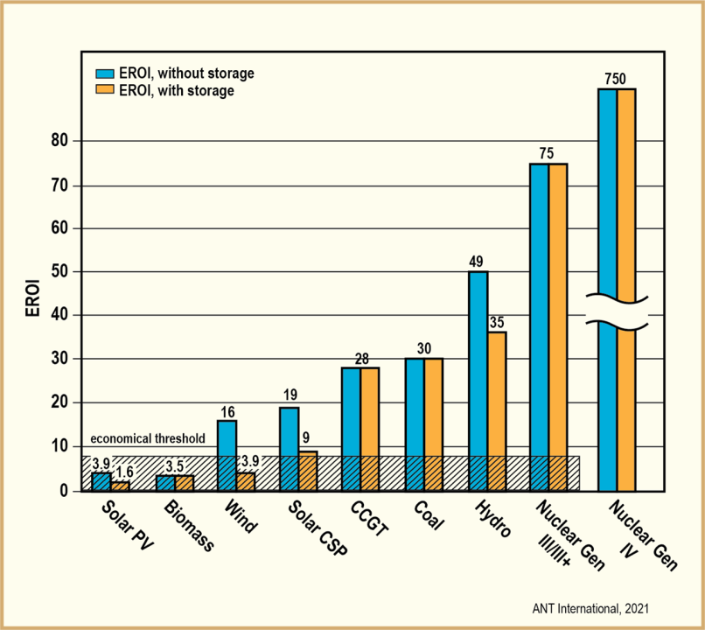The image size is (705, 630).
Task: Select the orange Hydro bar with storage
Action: coord(497,410)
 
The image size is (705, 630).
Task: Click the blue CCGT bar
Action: coord(351,428)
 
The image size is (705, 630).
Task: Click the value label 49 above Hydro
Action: coord(477,261)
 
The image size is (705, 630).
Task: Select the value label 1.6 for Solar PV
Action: coord(123,471)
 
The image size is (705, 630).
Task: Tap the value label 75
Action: coord(547,153)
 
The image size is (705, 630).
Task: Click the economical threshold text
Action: coord(148,438)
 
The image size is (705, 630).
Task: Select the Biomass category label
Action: coord(186,525)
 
